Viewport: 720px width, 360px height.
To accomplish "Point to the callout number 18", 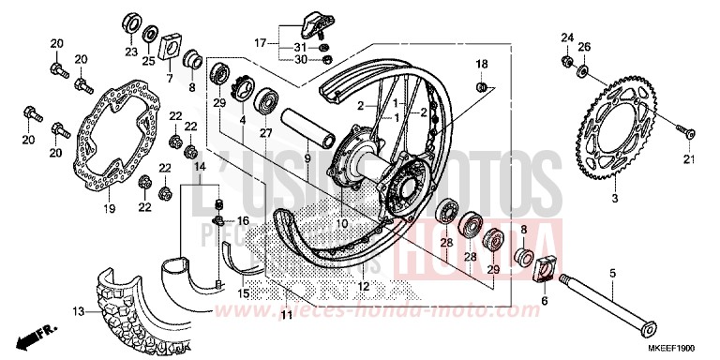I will tap(481, 63).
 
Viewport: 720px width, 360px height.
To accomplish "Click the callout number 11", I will tap(285, 315).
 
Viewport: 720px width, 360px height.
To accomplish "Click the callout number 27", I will tap(266, 133).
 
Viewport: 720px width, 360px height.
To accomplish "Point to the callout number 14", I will tap(199, 165).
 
